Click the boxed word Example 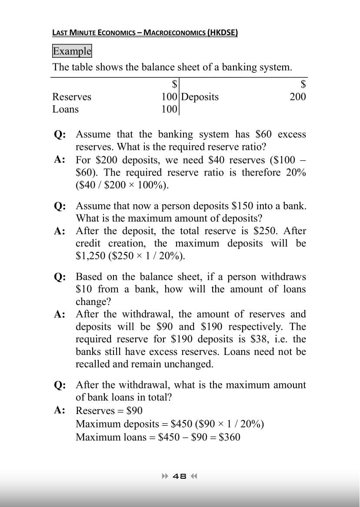pyautogui.click(x=72, y=51)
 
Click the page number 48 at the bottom pyautogui.click(x=180, y=476)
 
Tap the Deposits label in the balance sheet pyautogui.click(x=200, y=96)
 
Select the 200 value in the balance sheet pyautogui.click(x=298, y=96)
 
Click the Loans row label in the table pyautogui.click(x=66, y=109)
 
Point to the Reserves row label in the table pyautogui.click(x=72, y=96)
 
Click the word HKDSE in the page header pyautogui.click(x=222, y=33)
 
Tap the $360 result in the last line pyautogui.click(x=230, y=437)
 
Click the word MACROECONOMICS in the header pyautogui.click(x=175, y=33)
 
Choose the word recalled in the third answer pyautogui.click(x=93, y=364)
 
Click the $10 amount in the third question pyautogui.click(x=84, y=289)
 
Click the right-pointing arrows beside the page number pyautogui.click(x=165, y=476)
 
